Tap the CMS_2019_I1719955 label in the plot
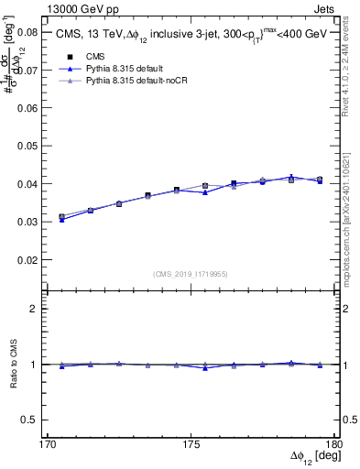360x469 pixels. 191,273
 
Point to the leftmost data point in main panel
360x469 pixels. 61,217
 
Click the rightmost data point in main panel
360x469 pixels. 319,180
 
